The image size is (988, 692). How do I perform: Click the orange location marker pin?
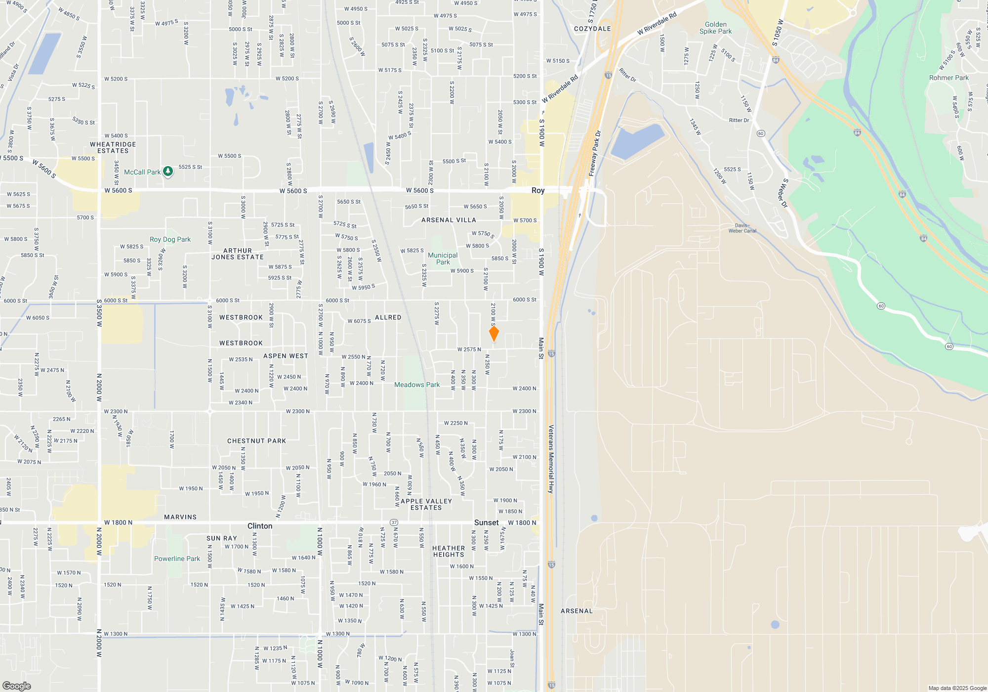(494, 333)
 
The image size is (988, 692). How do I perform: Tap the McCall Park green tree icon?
(168, 172)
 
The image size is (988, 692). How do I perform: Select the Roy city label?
(538, 190)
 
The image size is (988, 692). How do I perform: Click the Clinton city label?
(260, 526)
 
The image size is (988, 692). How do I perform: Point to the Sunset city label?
(486, 522)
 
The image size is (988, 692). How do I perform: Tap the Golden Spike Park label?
(715, 28)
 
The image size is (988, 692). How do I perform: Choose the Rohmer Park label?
(948, 78)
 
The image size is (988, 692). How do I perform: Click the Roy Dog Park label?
(170, 239)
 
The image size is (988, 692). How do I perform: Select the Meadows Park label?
(416, 385)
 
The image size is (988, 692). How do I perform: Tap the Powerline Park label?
(177, 559)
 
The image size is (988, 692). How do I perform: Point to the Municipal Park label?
(443, 259)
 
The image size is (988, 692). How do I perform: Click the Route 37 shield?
(394, 522)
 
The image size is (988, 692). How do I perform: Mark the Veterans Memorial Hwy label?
(551, 459)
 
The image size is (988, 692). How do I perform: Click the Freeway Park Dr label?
(595, 153)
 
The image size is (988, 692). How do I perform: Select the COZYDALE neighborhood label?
(592, 29)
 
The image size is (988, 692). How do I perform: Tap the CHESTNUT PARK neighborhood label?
(256, 441)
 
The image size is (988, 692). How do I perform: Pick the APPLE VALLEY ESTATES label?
(426, 504)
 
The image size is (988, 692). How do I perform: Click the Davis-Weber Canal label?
(742, 228)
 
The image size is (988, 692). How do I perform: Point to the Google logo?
(16, 686)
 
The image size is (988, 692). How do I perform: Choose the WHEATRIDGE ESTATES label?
(113, 147)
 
